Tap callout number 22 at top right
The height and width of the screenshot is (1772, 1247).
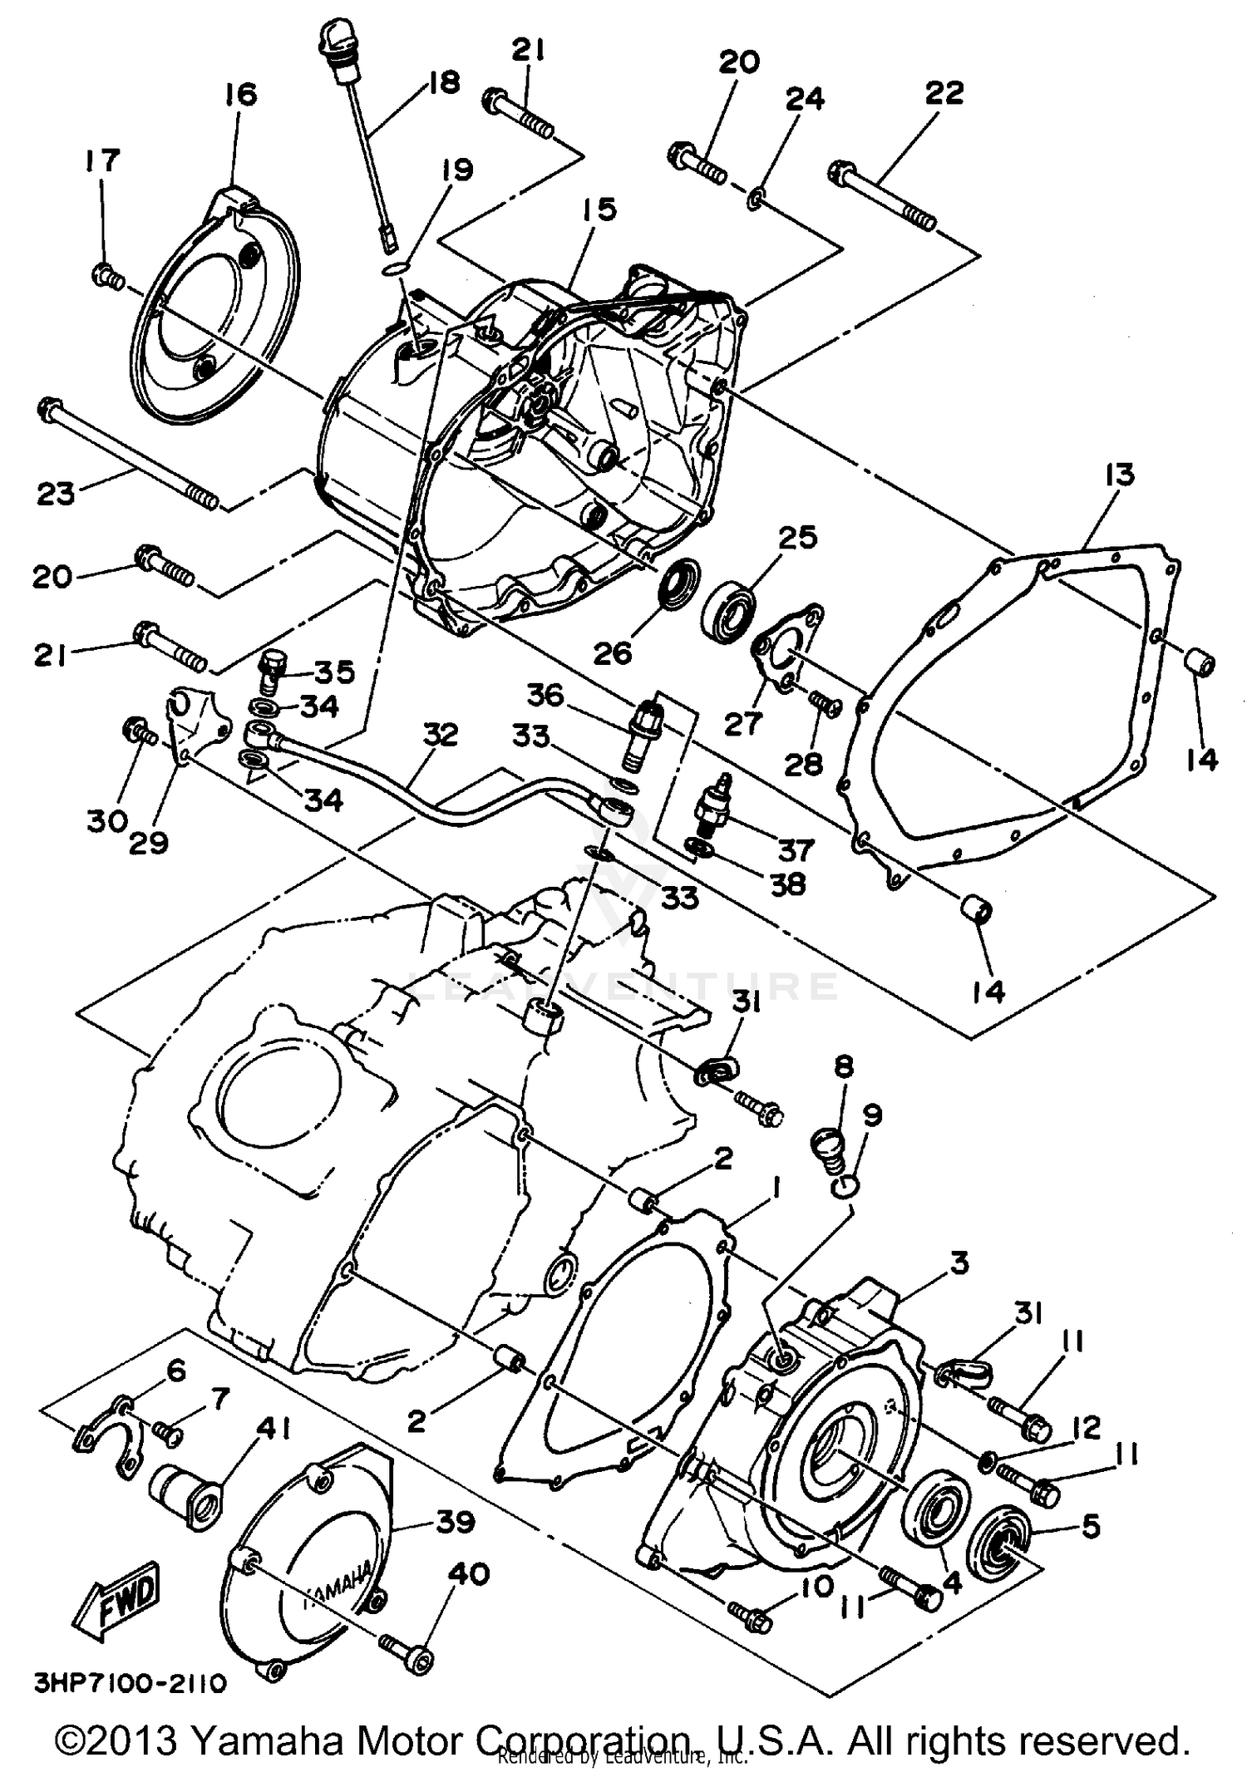944,92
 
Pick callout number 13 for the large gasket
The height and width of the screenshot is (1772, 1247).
1119,476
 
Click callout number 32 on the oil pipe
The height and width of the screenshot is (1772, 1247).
441,735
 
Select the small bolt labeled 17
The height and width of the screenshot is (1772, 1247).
106,273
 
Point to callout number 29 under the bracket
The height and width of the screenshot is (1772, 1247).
150,841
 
